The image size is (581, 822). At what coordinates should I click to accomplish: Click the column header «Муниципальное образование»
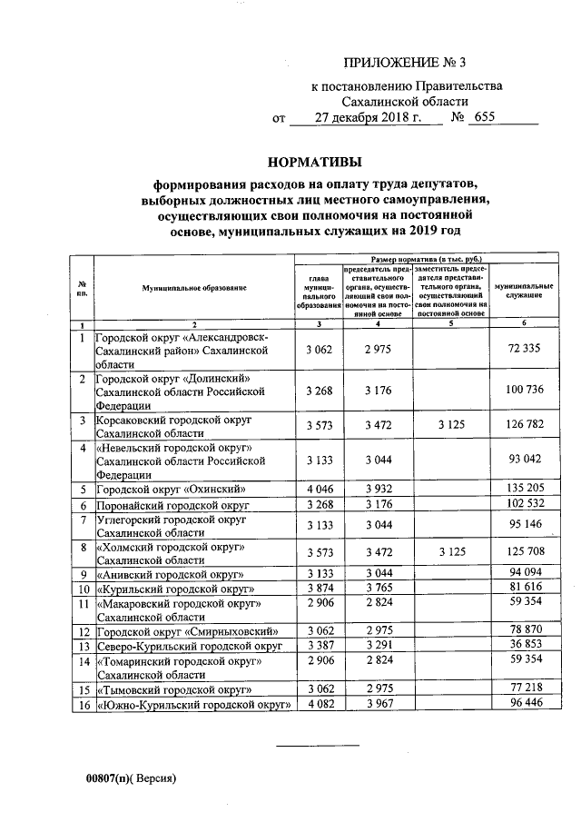coord(194,287)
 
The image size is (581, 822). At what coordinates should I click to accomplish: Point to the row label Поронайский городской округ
coord(172,505)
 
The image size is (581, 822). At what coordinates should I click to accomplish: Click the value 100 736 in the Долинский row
coord(525,390)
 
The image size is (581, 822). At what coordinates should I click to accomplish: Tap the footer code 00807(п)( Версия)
coord(130,778)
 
